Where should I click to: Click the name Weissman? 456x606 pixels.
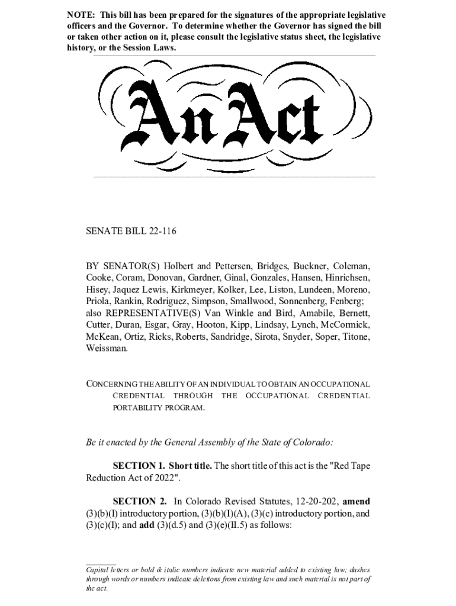(107, 349)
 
